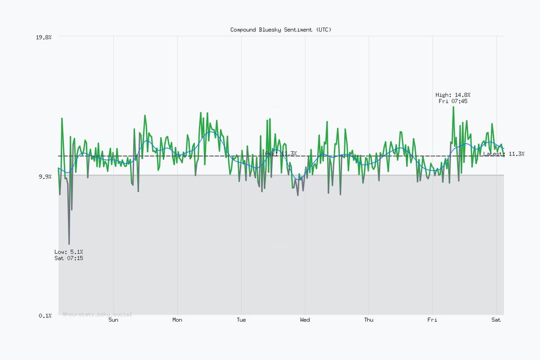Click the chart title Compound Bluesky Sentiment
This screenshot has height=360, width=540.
pyautogui.click(x=281, y=30)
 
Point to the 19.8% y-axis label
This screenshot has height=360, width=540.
pyautogui.click(x=43, y=37)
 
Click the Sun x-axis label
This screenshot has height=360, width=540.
pyautogui.click(x=113, y=320)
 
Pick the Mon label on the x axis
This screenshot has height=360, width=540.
pyautogui.click(x=177, y=320)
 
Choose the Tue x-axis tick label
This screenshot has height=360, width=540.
pyautogui.click(x=241, y=320)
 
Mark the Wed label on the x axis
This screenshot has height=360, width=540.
pyautogui.click(x=305, y=320)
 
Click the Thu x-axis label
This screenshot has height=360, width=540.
pyautogui.click(x=368, y=320)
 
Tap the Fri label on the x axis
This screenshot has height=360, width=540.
pyautogui.click(x=433, y=320)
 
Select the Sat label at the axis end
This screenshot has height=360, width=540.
pyautogui.click(x=496, y=320)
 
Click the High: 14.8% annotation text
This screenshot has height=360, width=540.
pyautogui.click(x=453, y=94)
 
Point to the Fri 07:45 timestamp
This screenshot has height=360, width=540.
pyautogui.click(x=453, y=101)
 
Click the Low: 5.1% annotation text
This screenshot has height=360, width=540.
pyautogui.click(x=69, y=252)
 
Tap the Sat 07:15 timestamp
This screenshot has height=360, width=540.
pyautogui.click(x=69, y=258)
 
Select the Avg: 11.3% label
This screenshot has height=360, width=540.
pyautogui.click(x=281, y=153)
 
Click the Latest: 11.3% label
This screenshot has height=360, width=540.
pyautogui.click(x=503, y=154)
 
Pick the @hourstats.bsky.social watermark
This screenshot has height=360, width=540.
pyautogui.click(x=97, y=314)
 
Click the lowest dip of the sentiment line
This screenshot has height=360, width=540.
pyautogui.click(x=69, y=244)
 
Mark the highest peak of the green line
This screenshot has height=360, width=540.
pyautogui.click(x=453, y=107)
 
